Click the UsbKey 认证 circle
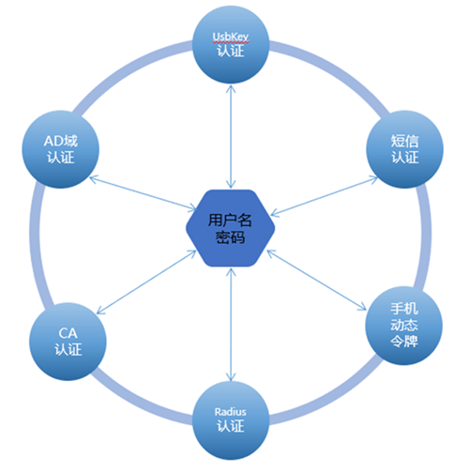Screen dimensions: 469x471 tap(231, 44)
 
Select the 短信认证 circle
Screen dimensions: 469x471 tap(404, 149)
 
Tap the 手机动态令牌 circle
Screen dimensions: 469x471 tap(404, 326)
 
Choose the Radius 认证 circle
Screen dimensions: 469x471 tap(231, 420)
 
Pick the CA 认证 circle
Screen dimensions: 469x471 tap(68, 342)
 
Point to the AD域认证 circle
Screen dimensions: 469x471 tap(60, 149)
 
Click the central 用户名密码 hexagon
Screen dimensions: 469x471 tap(231, 228)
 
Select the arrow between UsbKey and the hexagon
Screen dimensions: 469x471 tap(231, 137)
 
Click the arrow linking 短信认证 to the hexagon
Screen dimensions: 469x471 tap(325, 196)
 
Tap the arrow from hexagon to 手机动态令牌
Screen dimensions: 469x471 tap(316, 281)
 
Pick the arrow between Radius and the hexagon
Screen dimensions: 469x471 tap(231, 325)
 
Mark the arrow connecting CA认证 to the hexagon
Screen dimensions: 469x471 tap(146, 282)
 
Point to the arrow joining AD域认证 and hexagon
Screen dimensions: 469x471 tap(144, 193)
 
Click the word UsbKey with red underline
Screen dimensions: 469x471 tap(231, 37)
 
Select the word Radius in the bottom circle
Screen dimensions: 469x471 tap(231, 412)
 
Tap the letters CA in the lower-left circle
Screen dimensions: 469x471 tap(68, 333)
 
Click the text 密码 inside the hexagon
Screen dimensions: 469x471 tap(231, 237)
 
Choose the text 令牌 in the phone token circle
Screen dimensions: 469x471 tap(404, 341)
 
